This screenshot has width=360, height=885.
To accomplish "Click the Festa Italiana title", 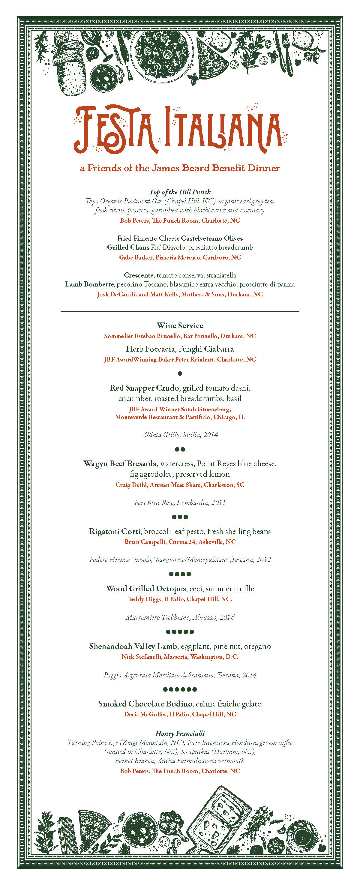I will point(180,130).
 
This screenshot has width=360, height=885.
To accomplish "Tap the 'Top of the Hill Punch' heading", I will point(180,192).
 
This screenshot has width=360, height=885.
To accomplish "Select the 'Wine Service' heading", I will point(180,325).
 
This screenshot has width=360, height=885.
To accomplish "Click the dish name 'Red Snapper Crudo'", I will point(144,388).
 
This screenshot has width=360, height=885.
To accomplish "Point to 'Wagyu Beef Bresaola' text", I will point(120,463).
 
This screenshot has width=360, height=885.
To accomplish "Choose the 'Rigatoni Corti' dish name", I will point(115,531).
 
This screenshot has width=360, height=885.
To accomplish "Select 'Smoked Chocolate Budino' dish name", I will point(145,704).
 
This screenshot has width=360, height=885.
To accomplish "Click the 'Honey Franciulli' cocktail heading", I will point(180,733).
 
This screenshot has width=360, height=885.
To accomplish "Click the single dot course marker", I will point(180,373).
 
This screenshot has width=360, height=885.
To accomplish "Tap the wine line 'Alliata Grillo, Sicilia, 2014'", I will point(180,435).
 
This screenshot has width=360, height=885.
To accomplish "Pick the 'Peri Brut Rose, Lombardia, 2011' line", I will point(180,502).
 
